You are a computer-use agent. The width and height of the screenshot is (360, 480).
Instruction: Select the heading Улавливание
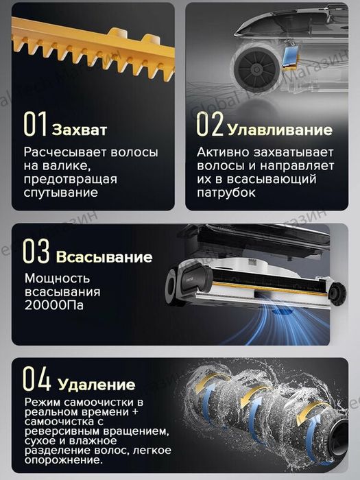(x=270, y=130)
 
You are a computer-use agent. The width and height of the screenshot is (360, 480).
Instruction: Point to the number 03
(x=36, y=252)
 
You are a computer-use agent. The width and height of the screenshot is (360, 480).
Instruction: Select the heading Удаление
(x=96, y=384)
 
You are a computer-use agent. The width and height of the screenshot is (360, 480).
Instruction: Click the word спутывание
(x=60, y=193)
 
